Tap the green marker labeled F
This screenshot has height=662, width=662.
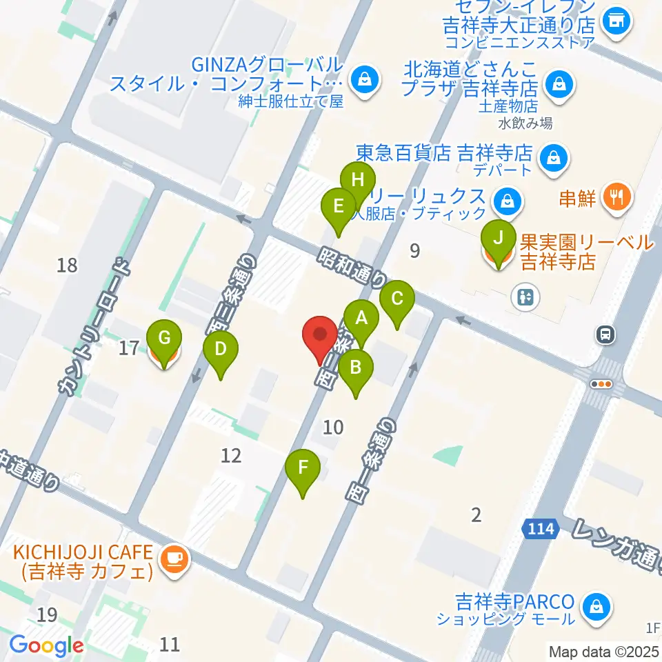(x=303, y=469)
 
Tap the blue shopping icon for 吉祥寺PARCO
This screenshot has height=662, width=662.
(x=593, y=607)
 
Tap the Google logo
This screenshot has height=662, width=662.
(x=46, y=646)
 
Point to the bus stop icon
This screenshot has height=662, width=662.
(x=605, y=335)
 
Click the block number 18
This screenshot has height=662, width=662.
(x=68, y=265)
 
